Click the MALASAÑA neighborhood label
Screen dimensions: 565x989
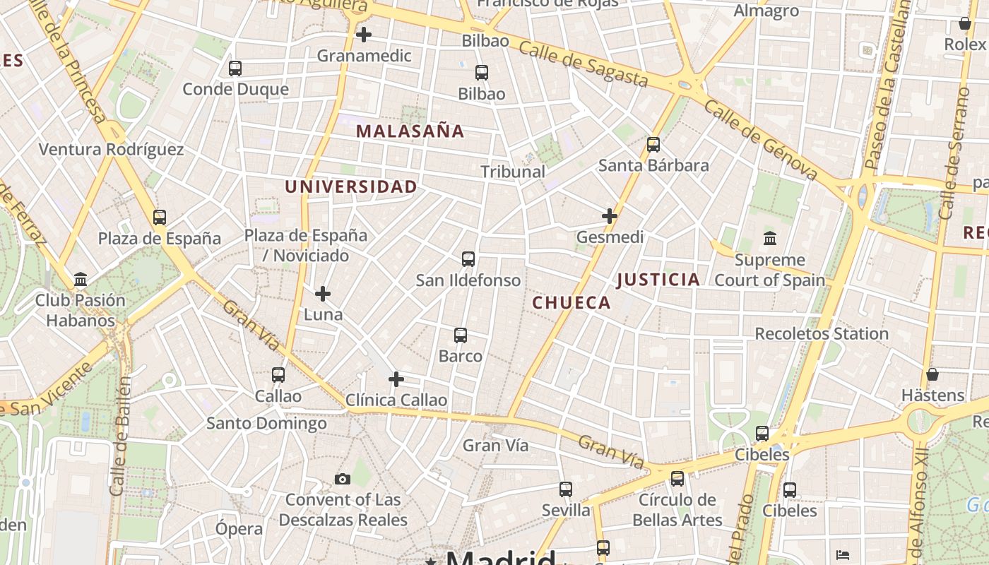tap(410, 131)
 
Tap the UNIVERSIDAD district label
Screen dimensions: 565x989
tap(351, 187)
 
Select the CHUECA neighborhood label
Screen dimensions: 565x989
tap(572, 303)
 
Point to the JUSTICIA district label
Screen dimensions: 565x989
tap(658, 280)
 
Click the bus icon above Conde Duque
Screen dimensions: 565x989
tap(235, 69)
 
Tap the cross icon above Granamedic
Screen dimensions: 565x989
tap(364, 34)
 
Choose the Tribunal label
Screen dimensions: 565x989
tap(513, 172)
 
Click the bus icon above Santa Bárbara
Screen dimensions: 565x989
tap(653, 145)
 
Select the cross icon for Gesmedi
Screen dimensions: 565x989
tap(610, 216)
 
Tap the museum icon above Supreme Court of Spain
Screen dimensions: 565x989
tap(770, 238)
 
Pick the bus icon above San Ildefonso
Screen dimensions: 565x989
tap(468, 258)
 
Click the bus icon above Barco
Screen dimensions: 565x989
tap(461, 335)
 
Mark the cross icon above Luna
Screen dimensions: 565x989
tap(323, 293)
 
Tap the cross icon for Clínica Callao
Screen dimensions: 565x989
tap(396, 379)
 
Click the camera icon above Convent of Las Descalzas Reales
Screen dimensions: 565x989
tap(343, 480)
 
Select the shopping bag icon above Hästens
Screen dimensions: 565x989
tap(932, 374)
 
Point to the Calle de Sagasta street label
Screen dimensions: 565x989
tap(583, 63)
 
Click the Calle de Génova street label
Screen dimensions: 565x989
tap(761, 140)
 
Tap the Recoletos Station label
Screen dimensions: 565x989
tap(822, 333)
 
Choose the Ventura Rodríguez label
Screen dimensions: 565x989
tap(111, 150)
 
